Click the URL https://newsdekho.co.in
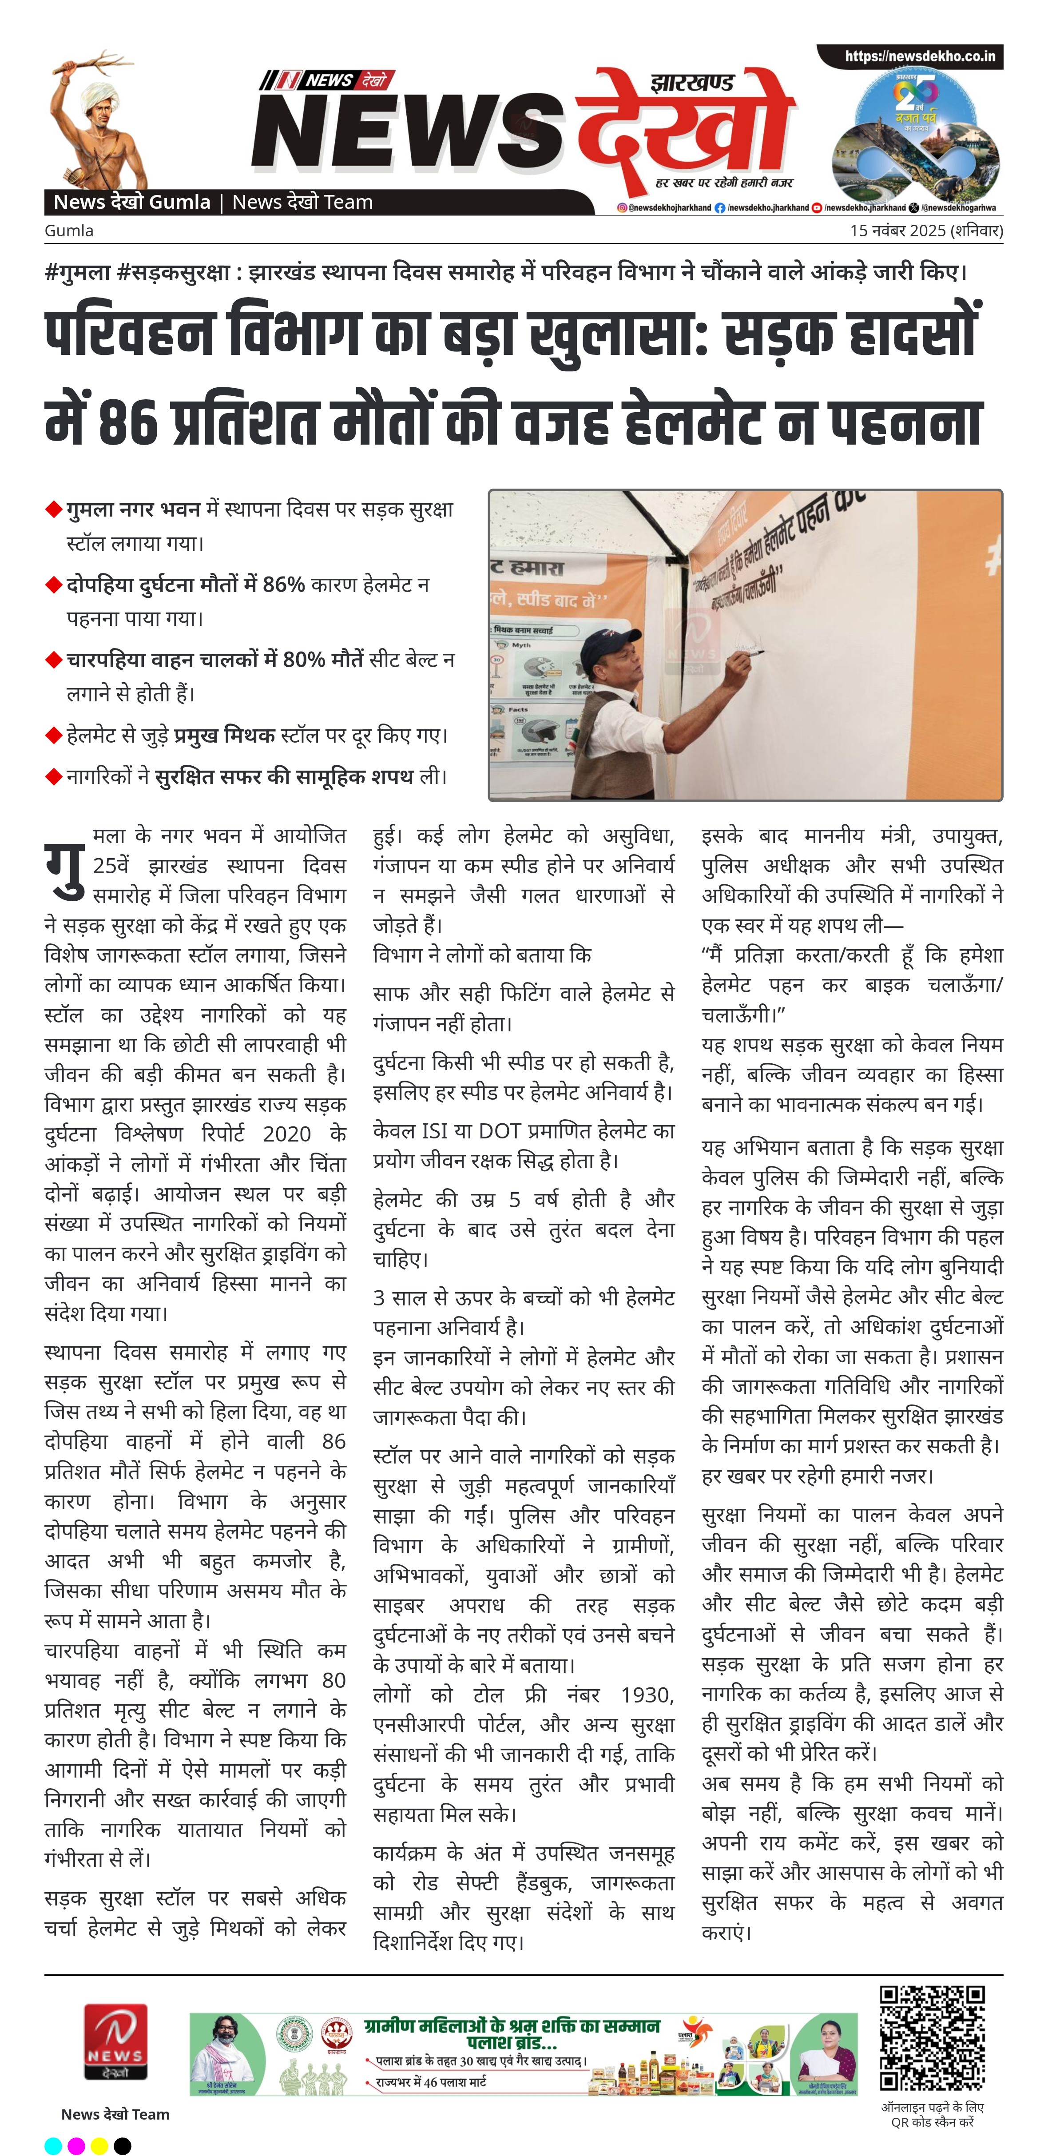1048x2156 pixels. tap(919, 56)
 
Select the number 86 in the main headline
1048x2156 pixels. tap(127, 423)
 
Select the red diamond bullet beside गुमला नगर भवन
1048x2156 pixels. tap(54, 510)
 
